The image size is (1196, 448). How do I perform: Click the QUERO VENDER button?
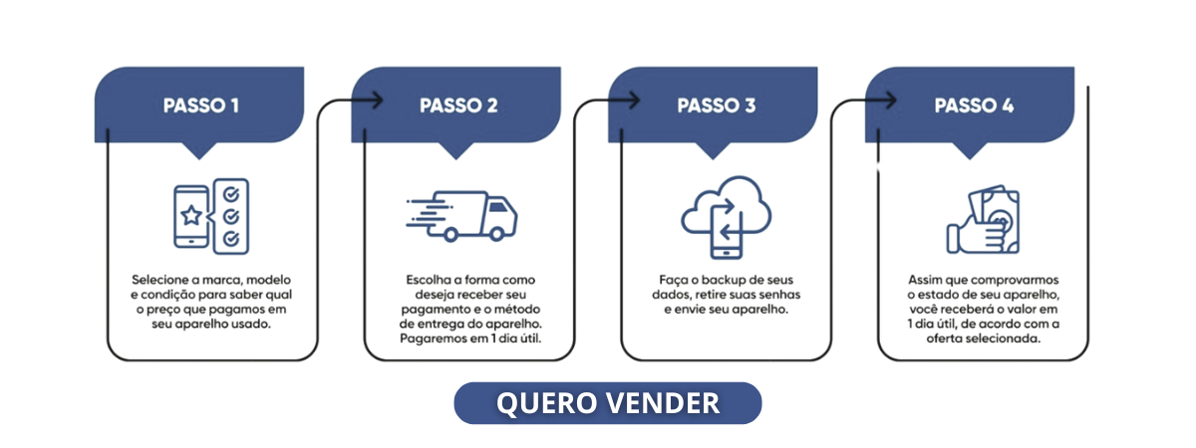607,403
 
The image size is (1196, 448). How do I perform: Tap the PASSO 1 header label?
200,106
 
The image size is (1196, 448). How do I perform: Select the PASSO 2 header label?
457,106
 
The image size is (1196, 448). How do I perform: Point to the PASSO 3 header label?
716,106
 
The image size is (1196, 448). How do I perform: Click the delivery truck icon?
463,216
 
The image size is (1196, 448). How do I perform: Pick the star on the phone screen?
190,215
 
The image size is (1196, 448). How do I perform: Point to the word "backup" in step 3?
719,280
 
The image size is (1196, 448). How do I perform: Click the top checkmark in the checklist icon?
231,192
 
